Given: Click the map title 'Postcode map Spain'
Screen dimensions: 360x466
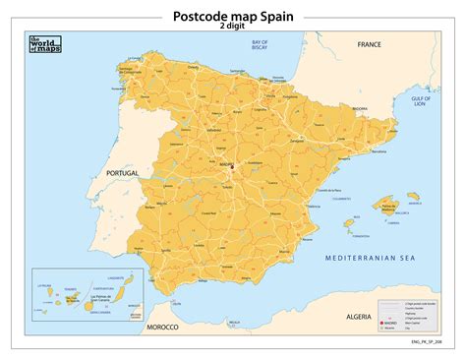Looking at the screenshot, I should click(x=233, y=16).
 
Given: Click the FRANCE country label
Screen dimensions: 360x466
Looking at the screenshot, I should click(x=369, y=45).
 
